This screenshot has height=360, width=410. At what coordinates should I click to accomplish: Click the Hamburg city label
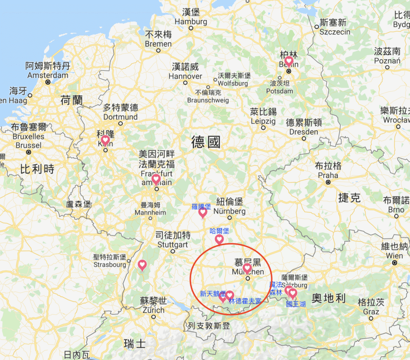tap(191, 21)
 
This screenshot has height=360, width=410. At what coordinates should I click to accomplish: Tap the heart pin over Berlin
tap(289, 62)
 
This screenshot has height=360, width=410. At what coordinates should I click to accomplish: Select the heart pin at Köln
tap(105, 140)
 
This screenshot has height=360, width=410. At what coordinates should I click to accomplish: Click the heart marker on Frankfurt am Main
tap(156, 179)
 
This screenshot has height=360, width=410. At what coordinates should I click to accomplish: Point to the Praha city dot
tap(328, 182)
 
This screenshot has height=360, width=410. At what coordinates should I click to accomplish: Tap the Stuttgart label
tap(173, 244)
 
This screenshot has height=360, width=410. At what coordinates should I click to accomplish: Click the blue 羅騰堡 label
tap(201, 206)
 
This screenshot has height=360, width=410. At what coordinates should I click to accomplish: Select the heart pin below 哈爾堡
tap(219, 239)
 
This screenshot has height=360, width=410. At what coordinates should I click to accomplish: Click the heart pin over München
tap(247, 268)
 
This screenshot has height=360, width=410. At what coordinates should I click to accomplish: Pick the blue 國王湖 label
tap(296, 304)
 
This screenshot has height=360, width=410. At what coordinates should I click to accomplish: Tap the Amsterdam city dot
tap(48, 82)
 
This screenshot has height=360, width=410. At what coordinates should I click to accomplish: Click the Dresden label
tap(303, 132)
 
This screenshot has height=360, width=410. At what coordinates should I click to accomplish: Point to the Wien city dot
tap(395, 263)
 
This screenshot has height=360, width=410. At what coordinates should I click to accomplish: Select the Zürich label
tap(153, 310)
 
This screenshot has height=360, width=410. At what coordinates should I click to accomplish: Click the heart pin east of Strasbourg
tap(142, 265)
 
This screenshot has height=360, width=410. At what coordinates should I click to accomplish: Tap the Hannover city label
tap(185, 76)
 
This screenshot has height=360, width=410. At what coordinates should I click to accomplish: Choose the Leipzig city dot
tap(263, 128)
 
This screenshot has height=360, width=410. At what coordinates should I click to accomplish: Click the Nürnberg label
tap(229, 211)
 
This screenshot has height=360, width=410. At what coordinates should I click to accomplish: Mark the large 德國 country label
tap(206, 142)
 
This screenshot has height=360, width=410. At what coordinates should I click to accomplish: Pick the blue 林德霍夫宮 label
tap(245, 301)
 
